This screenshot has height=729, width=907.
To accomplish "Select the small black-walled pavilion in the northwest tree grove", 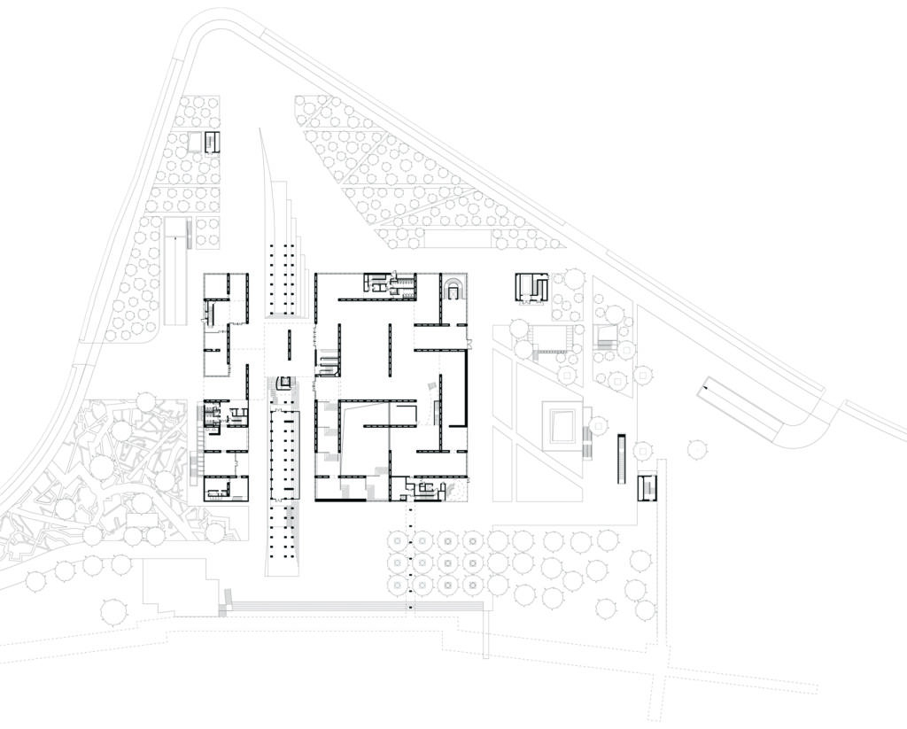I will click(211, 142).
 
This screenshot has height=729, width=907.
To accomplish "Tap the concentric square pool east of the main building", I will click(562, 426).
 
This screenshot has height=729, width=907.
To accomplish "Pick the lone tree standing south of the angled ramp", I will click(696, 449).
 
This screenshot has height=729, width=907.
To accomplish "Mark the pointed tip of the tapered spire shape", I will click(260, 130).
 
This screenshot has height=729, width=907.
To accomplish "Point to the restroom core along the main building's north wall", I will click(390, 283).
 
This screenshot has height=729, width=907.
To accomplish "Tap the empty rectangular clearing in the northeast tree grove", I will click(458, 237).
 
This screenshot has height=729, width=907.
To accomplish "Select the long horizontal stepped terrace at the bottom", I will click(354, 607).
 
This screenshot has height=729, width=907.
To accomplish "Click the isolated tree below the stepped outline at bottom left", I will click(113, 610).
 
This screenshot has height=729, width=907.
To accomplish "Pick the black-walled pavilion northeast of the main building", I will click(531, 287).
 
